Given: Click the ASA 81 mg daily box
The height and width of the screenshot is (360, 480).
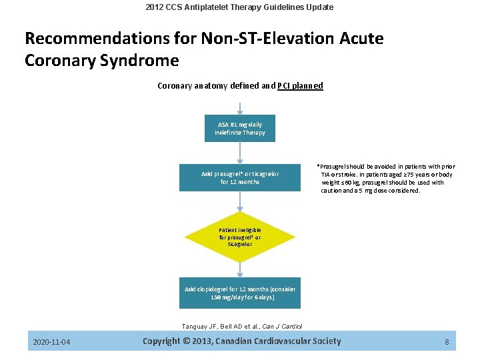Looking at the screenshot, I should coord(239,128).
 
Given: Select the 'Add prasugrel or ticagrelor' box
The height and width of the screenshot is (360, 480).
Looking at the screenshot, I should coord(239,177).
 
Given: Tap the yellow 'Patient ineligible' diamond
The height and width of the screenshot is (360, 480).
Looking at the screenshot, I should coord(240,236).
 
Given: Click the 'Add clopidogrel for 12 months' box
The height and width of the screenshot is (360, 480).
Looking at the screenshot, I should coord(239,293).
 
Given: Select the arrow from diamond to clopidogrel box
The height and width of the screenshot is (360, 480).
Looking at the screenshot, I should coord(240,268).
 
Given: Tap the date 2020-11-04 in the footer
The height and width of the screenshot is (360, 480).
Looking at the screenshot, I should coord(52,343).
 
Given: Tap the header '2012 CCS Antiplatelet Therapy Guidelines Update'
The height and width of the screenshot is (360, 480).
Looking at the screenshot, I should coord(240,7).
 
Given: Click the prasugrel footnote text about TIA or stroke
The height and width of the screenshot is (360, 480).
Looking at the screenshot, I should coord(387,178).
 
